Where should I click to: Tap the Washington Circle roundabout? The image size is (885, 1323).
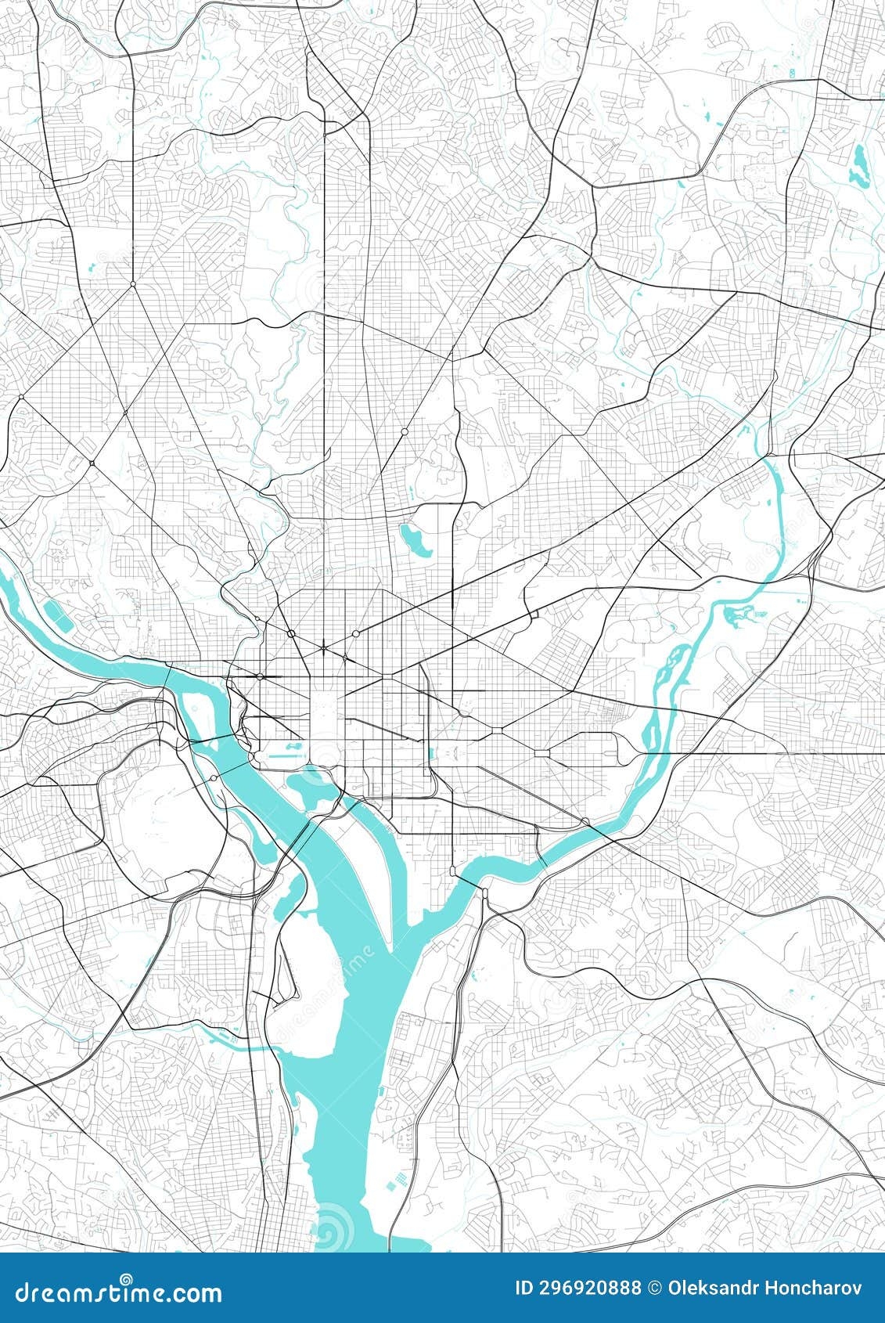point(260,676)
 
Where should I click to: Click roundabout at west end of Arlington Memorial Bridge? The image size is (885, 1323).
point(213,778)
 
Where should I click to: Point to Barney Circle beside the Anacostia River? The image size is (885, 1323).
point(585,820)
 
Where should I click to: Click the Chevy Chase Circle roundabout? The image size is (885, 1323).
point(133,283)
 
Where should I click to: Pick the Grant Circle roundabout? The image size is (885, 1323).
point(405,431)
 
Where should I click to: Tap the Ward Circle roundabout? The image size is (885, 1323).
point(92,463)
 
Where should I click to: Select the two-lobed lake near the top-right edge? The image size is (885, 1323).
point(860,163)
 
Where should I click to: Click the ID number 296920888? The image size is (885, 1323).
point(577,1288)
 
